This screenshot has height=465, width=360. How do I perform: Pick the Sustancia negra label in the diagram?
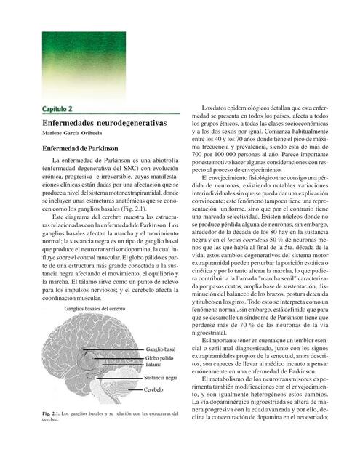point(161,379)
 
